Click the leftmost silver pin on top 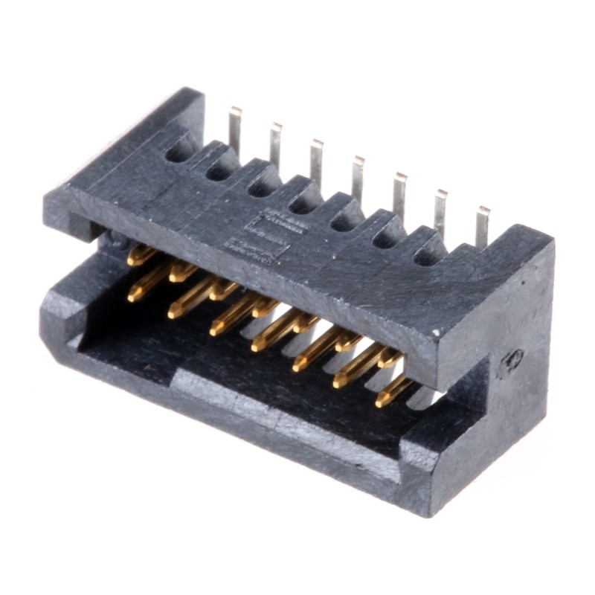point(235,129)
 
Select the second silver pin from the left point(276,145)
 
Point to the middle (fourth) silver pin point(358,177)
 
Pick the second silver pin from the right point(441,210)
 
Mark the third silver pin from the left point(317,161)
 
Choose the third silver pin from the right point(400,193)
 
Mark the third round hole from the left point(262,188)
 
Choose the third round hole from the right point(345,222)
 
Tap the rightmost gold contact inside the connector point(392,390)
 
